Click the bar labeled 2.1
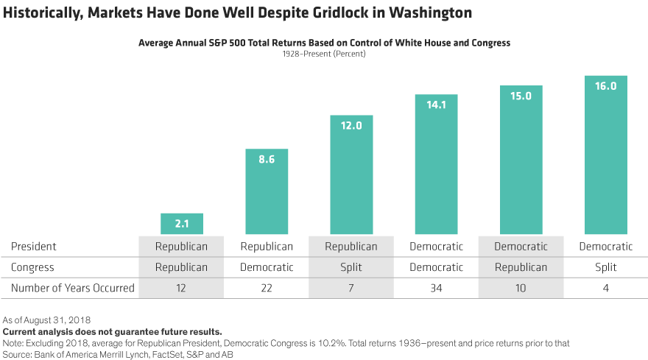click(x=181, y=224)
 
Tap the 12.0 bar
click(x=351, y=174)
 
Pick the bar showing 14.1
click(x=436, y=164)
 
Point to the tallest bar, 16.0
click(x=605, y=155)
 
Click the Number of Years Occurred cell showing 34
click(x=436, y=288)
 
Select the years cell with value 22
click(x=267, y=288)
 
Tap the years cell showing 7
click(x=351, y=288)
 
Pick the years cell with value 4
click(x=605, y=288)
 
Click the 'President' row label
click(x=34, y=247)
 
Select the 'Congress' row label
click(x=32, y=267)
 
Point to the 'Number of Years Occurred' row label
click(x=73, y=288)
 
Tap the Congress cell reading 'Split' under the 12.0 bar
click(x=351, y=267)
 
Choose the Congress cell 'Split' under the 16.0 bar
click(x=605, y=267)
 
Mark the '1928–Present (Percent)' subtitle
click(x=324, y=54)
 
